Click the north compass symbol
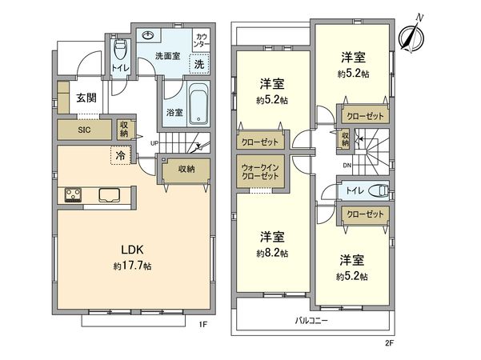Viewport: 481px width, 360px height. pyautogui.click(x=411, y=36)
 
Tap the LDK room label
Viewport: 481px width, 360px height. pyautogui.click(x=133, y=250)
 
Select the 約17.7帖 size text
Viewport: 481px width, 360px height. pyautogui.click(x=133, y=266)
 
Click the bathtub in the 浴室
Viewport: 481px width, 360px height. pyautogui.click(x=198, y=104)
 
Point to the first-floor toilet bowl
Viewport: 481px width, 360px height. pyautogui.click(x=119, y=50)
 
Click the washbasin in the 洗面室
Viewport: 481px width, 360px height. pyautogui.click(x=149, y=36)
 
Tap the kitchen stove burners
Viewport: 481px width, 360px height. pyautogui.click(x=73, y=194)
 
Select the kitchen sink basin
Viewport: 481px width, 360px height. pyautogui.click(x=109, y=195)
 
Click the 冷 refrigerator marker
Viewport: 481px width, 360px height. pyautogui.click(x=120, y=155)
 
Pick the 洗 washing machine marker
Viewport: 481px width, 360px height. pyautogui.click(x=199, y=64)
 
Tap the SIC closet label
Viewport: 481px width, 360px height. pyautogui.click(x=84, y=130)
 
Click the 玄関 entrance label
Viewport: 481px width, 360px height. pyautogui.click(x=86, y=98)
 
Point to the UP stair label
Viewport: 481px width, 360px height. pyautogui.click(x=154, y=143)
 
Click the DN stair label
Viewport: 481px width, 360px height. pyautogui.click(x=347, y=166)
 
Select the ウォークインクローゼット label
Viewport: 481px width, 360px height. pyautogui.click(x=260, y=172)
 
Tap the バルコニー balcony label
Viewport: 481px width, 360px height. pyautogui.click(x=311, y=321)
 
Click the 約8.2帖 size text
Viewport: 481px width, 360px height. pyautogui.click(x=272, y=253)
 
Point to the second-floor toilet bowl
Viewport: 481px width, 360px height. pyautogui.click(x=379, y=190)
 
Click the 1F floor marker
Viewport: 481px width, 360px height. pyautogui.click(x=203, y=324)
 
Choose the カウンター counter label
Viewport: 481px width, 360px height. pyautogui.click(x=201, y=40)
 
